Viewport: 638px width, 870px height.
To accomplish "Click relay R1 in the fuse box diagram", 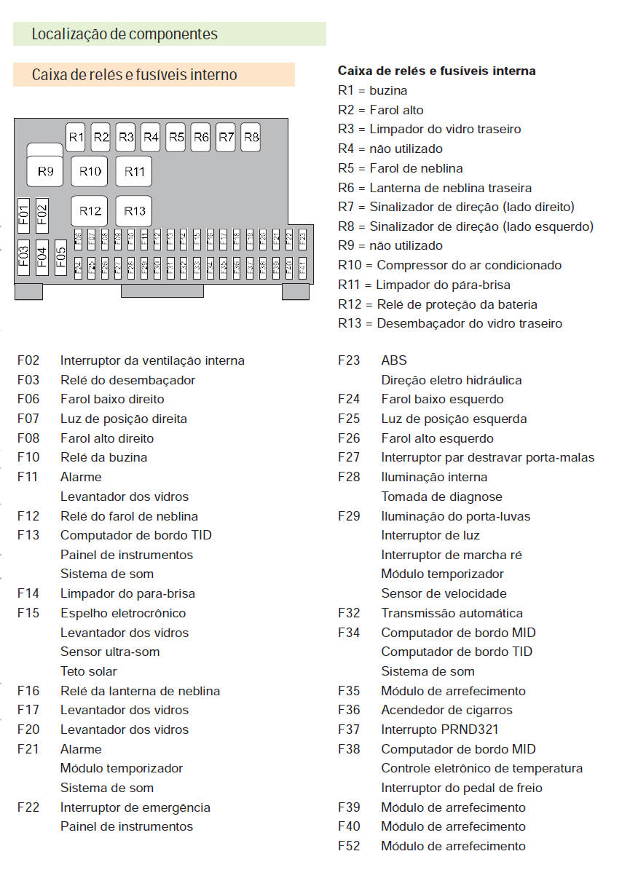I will click(x=76, y=137).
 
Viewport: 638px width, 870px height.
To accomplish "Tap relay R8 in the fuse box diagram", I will click(x=251, y=137).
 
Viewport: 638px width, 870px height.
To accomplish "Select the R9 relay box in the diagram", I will click(x=45, y=171).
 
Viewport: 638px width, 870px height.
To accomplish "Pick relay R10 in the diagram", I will click(x=90, y=172).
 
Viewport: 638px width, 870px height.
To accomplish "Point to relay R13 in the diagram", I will click(x=134, y=211).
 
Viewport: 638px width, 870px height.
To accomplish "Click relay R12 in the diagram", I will click(x=90, y=211).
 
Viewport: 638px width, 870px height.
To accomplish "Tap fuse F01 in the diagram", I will click(x=23, y=213).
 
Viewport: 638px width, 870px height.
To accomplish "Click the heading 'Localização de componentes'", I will click(x=125, y=34).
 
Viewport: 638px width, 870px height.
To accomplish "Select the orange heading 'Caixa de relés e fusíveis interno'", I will click(x=134, y=75).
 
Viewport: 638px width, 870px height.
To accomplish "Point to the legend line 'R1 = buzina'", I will click(x=372, y=91).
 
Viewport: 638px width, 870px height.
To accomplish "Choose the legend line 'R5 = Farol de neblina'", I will click(x=400, y=168).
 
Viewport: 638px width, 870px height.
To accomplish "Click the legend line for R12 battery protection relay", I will click(x=437, y=304).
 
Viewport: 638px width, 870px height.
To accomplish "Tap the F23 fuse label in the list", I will click(x=349, y=360).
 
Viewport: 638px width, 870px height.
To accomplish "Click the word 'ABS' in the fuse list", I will click(x=394, y=360).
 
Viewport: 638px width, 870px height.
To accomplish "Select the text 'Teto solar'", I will click(x=88, y=671).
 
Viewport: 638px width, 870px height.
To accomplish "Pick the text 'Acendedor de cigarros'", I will click(x=446, y=710).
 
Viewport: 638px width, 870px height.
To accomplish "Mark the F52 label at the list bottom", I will click(x=349, y=846).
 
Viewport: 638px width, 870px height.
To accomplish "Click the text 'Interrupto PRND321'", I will click(x=440, y=729).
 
